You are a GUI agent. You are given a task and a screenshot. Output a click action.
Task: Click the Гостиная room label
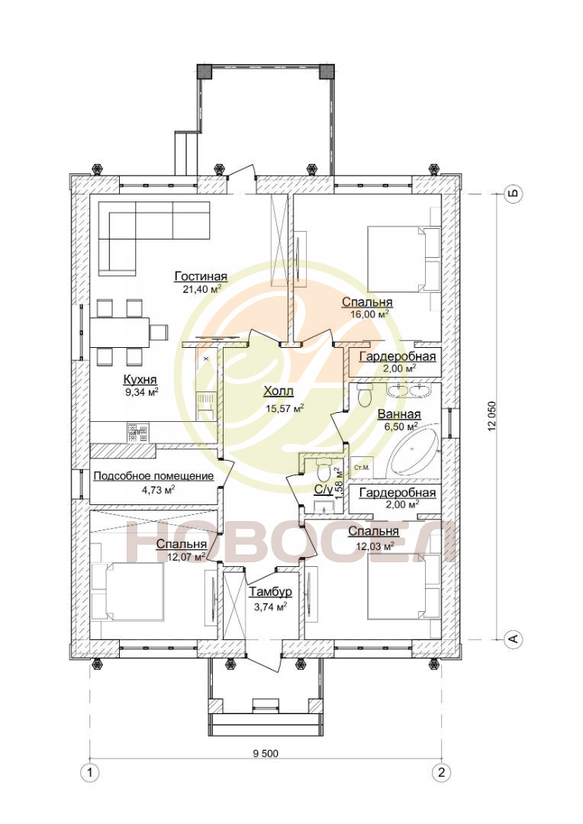tap(201, 276)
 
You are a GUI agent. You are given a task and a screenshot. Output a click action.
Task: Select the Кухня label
tap(140, 379)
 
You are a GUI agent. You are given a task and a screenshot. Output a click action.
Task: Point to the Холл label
tap(278, 391)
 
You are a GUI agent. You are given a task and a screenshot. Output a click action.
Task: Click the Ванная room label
tap(399, 414)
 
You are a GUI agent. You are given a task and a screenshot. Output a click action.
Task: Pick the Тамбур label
tap(270, 592)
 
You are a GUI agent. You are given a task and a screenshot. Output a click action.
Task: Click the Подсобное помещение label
tap(153, 476)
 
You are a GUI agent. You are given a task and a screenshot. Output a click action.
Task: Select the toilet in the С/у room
tap(324, 469)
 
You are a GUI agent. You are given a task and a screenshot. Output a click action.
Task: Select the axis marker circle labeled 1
tap(90, 772)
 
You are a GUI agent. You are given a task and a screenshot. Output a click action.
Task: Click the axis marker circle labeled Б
tap(513, 194)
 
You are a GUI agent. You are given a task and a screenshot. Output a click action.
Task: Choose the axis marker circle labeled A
tap(513, 639)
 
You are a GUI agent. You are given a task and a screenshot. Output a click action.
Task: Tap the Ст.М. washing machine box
tap(361, 467)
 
